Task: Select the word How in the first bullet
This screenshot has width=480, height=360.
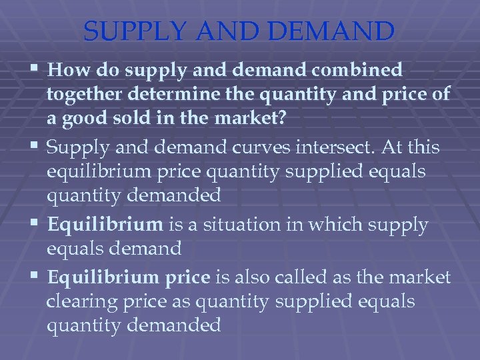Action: click(x=65, y=70)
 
